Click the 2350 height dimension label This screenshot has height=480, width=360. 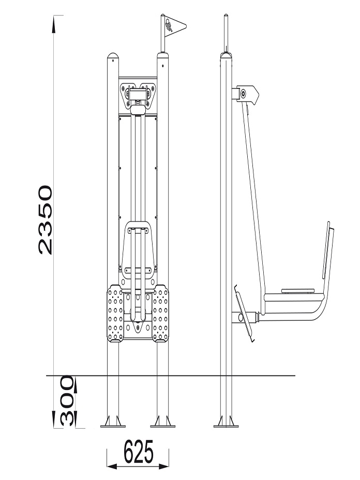pos(46,220)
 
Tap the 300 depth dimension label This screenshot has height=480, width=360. pos(67,401)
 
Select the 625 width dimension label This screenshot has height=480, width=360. pos(139,452)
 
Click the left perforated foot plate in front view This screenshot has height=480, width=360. pos(115,313)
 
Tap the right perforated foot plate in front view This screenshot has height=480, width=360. pos(161,313)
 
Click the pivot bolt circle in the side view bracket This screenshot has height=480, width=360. pos(243,94)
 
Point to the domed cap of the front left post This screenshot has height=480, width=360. pos(113,56)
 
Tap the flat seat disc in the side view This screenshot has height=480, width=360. pos(298,291)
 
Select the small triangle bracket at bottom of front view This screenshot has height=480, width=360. pos(138,327)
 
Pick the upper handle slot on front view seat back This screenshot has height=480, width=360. pos(138,230)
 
